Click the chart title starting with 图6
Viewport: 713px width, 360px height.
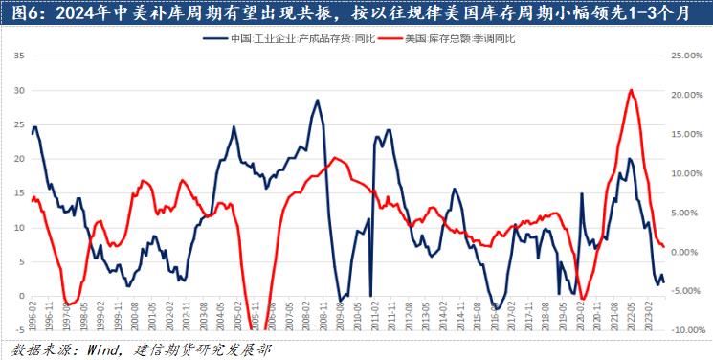[x=356, y=13]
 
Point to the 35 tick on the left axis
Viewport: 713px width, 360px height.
[x=19, y=56]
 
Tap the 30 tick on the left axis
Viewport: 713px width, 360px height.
[x=19, y=91]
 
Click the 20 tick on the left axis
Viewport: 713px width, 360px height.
[x=19, y=159]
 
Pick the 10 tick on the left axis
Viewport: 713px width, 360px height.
[x=19, y=228]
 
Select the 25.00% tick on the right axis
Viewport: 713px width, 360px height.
[x=688, y=56]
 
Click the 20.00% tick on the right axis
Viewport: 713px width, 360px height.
[x=688, y=96]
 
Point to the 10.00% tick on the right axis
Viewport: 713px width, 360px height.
[x=688, y=174]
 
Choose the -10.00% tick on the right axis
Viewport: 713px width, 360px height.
[x=686, y=330]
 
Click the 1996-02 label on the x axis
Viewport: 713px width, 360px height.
[x=34, y=315]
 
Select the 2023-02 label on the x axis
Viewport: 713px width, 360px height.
[x=651, y=315]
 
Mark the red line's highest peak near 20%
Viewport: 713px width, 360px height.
[x=631, y=90]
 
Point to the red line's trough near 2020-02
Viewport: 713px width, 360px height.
[x=583, y=299]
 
